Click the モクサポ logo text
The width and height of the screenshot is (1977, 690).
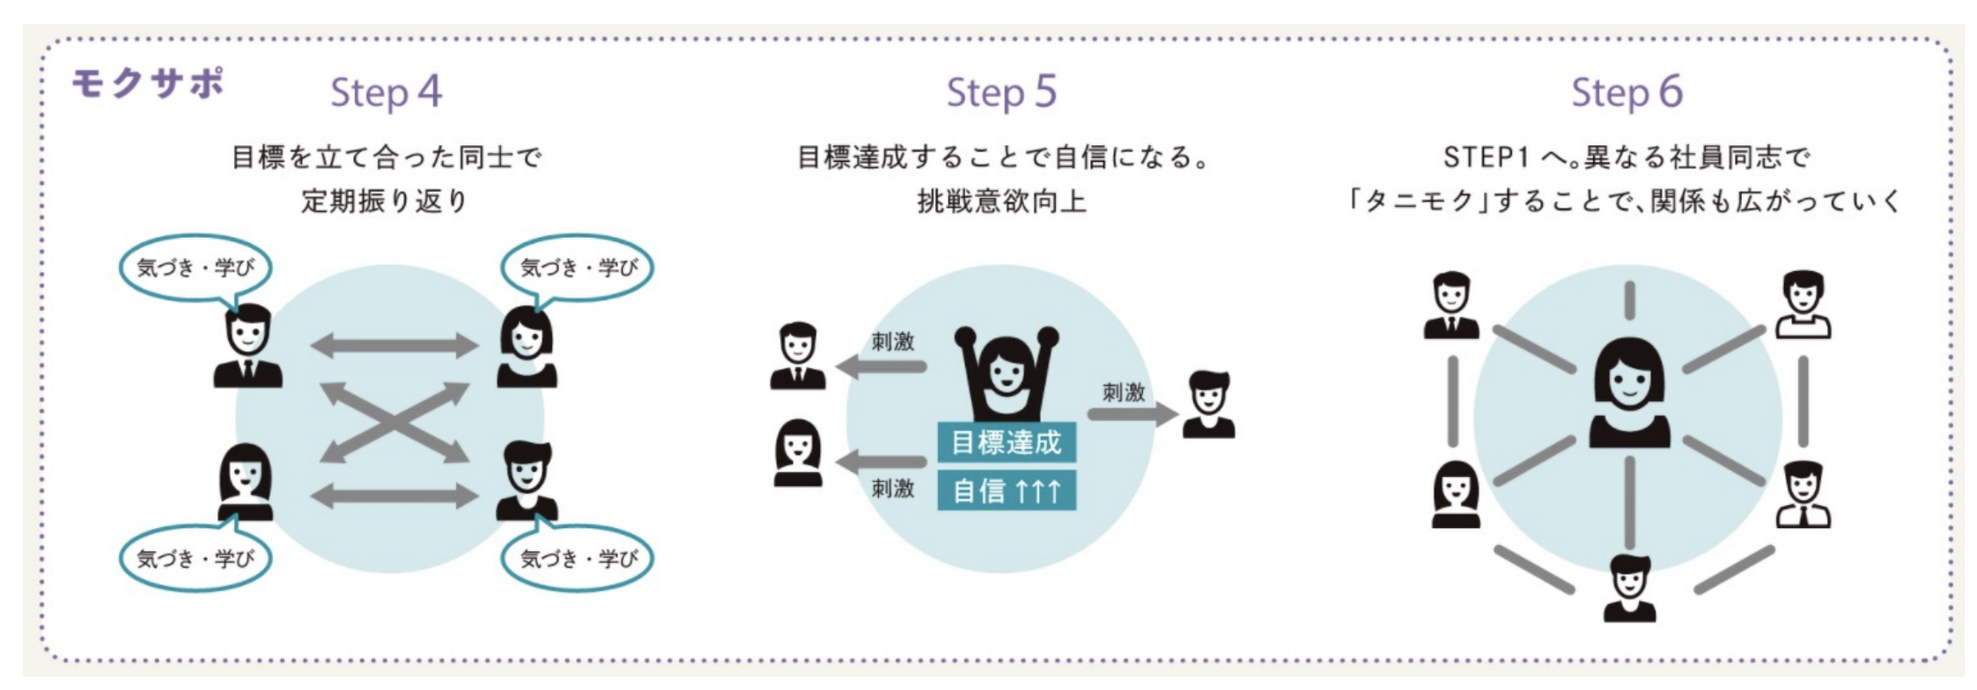tap(147, 84)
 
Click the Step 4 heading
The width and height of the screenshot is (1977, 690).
tap(386, 92)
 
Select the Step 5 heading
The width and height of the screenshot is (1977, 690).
tap(1001, 92)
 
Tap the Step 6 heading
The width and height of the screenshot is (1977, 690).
tap(1627, 92)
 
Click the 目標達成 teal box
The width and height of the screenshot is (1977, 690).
tap(1007, 442)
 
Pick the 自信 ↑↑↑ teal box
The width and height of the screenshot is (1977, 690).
tap(1007, 490)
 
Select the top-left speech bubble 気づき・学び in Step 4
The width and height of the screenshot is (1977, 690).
tap(195, 267)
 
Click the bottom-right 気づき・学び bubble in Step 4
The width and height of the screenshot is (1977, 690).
tap(578, 558)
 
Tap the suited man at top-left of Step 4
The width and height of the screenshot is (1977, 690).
tap(248, 347)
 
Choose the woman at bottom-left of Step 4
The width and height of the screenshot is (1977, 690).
tap(246, 482)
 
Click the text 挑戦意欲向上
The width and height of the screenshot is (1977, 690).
tap(1001, 202)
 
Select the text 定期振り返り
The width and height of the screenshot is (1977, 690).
tap(384, 202)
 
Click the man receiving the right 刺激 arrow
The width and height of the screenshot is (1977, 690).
tap(1208, 405)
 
